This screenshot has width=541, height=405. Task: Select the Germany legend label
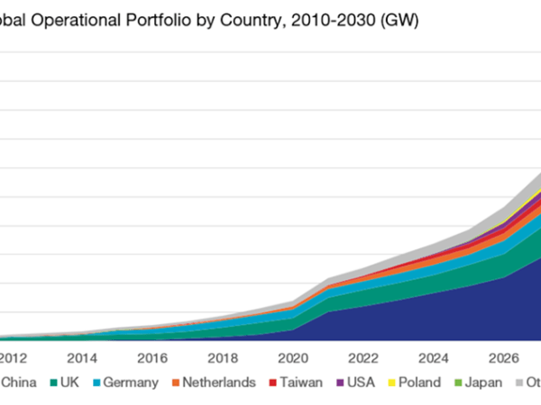133,382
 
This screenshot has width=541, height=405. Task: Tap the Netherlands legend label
219,382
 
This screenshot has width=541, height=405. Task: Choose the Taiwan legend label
302,382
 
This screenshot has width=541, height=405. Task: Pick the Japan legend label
485,382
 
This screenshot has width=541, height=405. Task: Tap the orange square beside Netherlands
174,382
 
